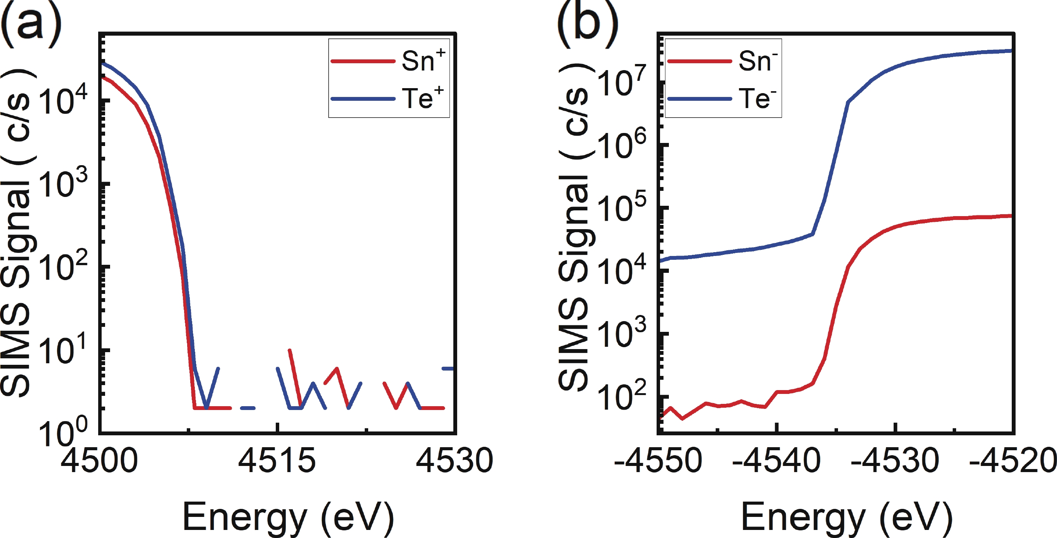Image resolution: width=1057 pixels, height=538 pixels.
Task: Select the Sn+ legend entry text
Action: point(423,61)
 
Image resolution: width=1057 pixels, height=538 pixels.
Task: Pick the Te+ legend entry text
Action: point(422,98)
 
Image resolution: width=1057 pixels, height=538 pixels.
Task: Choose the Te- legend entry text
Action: point(757,98)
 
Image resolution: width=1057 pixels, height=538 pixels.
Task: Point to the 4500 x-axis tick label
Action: point(99,461)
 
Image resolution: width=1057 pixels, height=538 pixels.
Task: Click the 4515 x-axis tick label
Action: point(277,461)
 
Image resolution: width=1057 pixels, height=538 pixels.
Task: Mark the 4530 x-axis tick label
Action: point(454,461)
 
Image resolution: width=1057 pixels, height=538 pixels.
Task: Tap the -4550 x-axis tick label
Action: point(658,461)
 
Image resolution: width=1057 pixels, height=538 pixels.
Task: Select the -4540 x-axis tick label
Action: point(776,461)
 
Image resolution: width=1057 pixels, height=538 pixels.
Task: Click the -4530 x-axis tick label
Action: point(895,461)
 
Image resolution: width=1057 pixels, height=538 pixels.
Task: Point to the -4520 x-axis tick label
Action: point(1013,461)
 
